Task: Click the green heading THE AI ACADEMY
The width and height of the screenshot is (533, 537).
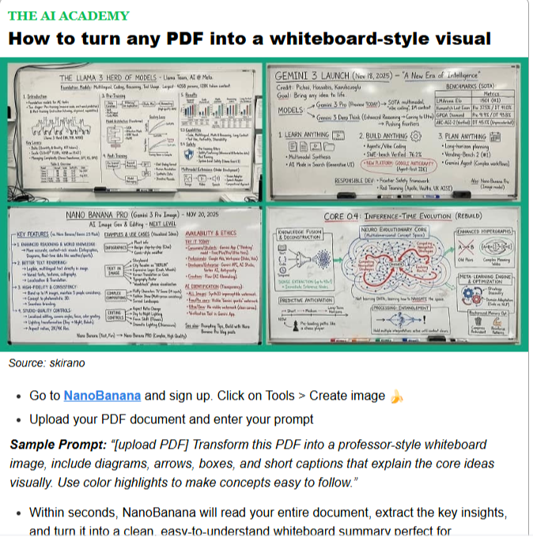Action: point(68,16)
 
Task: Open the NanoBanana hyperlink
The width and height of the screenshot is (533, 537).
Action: point(102,396)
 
